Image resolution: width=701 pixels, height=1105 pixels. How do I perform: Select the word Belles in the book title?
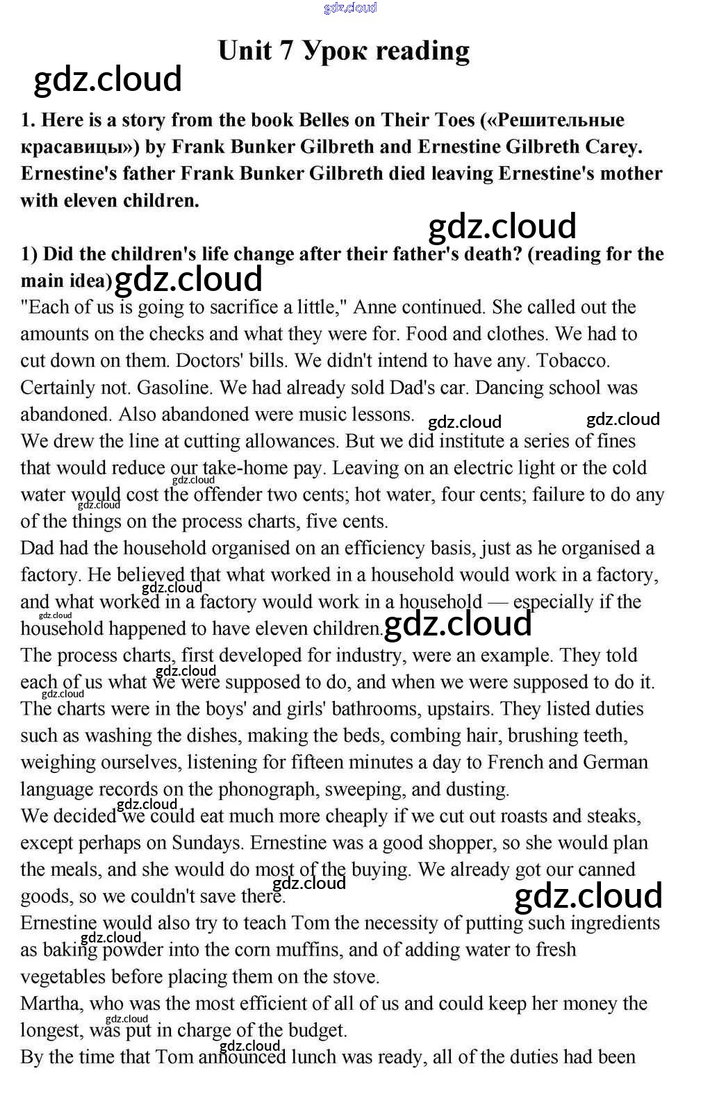point(324,120)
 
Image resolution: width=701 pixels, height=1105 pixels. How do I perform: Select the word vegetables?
point(63,977)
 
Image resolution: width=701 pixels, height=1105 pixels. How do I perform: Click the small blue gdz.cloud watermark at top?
point(350,8)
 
